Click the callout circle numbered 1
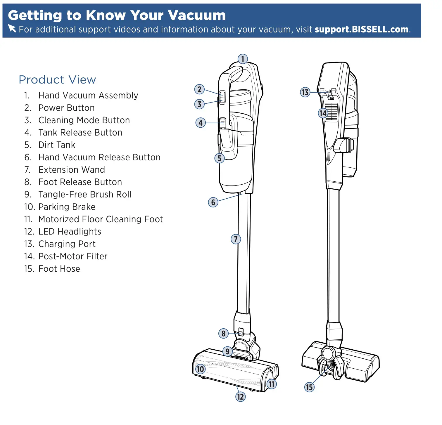tap(242, 59)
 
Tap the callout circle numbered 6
tap(213, 202)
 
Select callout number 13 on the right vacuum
tap(305, 92)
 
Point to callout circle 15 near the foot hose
tap(309, 387)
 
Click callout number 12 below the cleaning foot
tap(240, 397)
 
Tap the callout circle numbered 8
tap(223, 333)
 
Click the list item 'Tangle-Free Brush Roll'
tap(85, 194)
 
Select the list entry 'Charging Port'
tap(67, 244)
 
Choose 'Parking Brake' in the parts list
tap(67, 207)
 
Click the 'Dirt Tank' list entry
tap(57, 145)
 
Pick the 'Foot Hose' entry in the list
tap(59, 269)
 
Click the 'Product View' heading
tap(57, 80)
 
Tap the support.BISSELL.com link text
tap(361, 30)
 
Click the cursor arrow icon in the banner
tap(12, 28)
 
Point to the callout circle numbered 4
tap(200, 123)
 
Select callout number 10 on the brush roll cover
tap(200, 369)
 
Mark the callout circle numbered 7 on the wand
tap(236, 239)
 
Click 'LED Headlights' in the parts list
tap(70, 232)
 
